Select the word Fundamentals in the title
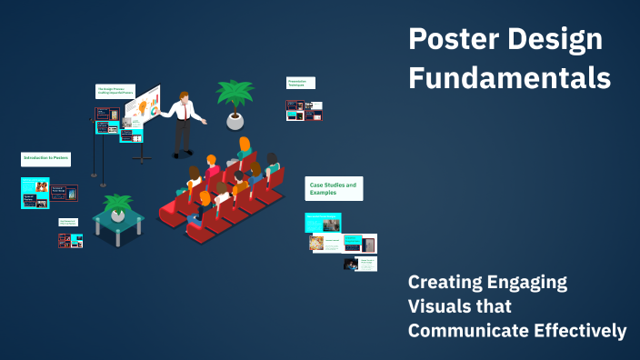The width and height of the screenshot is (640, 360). [509, 79]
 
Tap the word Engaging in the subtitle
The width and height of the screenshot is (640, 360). [522, 283]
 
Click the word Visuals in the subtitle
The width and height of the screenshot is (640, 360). [441, 306]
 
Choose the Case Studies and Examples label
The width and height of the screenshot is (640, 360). [333, 188]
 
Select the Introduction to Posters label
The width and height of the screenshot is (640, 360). [45, 158]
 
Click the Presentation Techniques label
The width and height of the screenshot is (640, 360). [301, 83]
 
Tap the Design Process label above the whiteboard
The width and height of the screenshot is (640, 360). [115, 91]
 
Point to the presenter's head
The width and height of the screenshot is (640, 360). [185, 97]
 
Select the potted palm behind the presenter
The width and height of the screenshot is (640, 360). [235, 95]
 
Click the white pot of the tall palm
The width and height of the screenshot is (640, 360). [235, 121]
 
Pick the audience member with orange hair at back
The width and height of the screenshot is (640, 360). [245, 145]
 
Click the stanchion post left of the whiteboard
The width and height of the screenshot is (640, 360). [103, 155]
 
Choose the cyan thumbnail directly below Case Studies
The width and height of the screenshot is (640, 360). [323, 223]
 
